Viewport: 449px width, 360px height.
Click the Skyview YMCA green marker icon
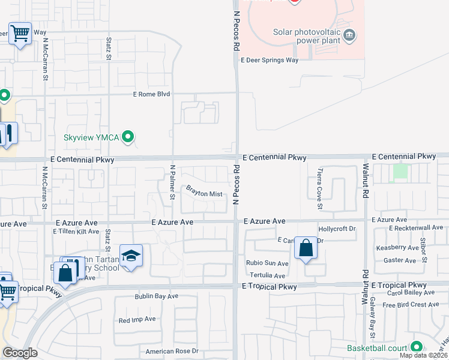pos(128,137)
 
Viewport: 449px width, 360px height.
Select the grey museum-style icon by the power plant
pos(349,37)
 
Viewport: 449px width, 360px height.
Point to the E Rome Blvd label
pos(152,94)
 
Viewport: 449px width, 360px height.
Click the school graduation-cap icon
pos(130,255)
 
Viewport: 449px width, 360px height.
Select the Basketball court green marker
pos(416,347)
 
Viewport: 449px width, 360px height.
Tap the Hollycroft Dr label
pos(337,229)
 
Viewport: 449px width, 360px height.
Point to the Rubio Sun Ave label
pos(267,263)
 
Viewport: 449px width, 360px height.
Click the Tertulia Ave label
pos(267,275)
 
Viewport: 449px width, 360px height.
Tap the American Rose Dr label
pos(171,351)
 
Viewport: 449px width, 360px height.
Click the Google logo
pos(20,353)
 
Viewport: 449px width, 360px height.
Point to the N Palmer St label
pos(172,182)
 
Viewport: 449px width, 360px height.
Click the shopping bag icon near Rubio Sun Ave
pos(306,248)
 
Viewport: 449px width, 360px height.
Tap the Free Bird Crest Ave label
pos(411,305)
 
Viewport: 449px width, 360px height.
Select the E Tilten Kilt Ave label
pos(76,231)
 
